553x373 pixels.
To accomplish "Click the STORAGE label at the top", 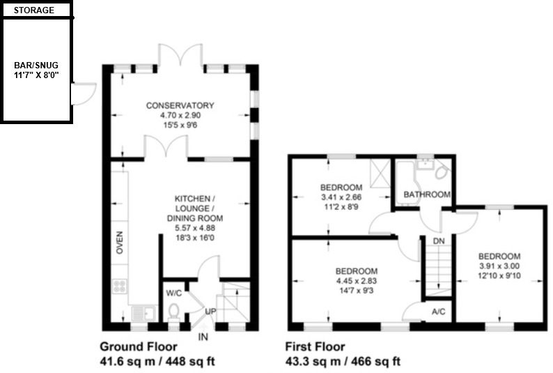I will tap(35, 10).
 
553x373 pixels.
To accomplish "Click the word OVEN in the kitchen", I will tap(119, 242).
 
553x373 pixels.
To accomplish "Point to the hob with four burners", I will tap(119, 287).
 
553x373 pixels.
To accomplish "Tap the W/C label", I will tap(174, 294).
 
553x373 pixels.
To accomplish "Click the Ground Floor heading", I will tap(138, 347).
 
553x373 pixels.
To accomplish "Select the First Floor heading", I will tap(315, 347).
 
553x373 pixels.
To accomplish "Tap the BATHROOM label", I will tap(427, 195).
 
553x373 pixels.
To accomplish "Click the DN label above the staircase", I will tap(439, 241).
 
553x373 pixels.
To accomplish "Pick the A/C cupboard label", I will tap(439, 312).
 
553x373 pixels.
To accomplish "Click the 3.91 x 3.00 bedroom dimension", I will tap(499, 266).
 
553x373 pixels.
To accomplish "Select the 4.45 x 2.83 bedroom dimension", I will tap(357, 281).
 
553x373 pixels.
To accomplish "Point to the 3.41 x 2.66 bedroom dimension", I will tap(341, 197).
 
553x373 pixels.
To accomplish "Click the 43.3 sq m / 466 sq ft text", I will tap(343, 361).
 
